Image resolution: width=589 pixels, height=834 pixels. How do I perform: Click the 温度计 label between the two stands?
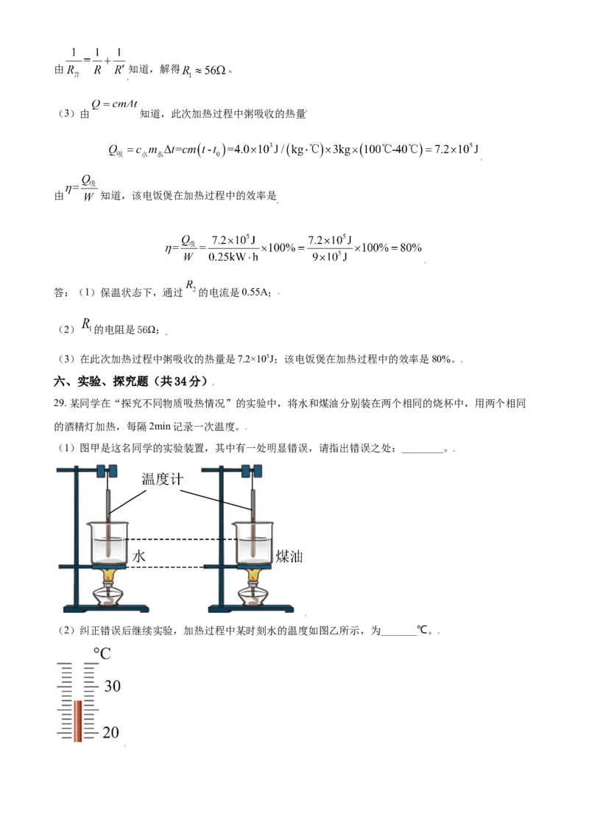pos(162,479)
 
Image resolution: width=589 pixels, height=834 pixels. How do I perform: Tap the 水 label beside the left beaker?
pos(138,556)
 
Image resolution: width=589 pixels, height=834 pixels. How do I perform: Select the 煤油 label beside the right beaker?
pos(289,556)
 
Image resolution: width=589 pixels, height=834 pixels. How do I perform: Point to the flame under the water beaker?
pos(109,575)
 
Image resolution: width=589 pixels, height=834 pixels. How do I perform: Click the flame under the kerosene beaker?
pos(253,575)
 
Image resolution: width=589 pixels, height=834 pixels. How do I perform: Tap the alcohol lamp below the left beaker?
pos(110,594)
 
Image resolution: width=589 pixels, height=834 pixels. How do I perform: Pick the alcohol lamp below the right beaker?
pos(253,594)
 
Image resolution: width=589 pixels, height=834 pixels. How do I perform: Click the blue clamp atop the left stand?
pos(107,471)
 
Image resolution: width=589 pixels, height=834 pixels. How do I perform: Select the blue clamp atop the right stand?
pos(252,471)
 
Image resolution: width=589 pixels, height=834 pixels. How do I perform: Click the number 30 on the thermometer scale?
pos(112,686)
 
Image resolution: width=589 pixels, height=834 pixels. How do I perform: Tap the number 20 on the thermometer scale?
pos(110,732)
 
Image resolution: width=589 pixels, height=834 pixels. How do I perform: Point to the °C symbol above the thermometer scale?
pos(102,653)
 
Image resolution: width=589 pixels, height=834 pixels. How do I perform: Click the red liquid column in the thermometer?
pos(77,721)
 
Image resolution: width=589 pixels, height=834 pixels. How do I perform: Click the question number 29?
pos(59,403)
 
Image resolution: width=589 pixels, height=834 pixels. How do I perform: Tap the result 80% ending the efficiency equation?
pos(411,248)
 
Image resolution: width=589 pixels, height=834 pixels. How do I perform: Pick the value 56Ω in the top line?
pos(215,70)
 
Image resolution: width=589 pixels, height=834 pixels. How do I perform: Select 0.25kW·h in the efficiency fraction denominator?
pos(233,257)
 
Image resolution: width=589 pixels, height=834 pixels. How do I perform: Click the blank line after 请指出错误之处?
pos(422,450)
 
